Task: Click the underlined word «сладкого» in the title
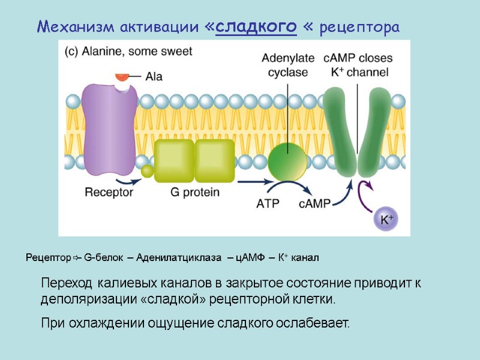click(x=256, y=27)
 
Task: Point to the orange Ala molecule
click(x=122, y=77)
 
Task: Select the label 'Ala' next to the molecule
click(x=154, y=77)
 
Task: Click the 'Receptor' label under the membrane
click(x=109, y=193)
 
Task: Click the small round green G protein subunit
click(x=148, y=172)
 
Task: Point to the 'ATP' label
click(x=269, y=203)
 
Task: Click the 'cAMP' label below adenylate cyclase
click(x=315, y=203)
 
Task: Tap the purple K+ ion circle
click(x=385, y=220)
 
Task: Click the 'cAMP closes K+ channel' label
click(x=358, y=65)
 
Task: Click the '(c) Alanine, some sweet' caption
click(x=128, y=52)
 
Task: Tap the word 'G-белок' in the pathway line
click(x=104, y=258)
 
